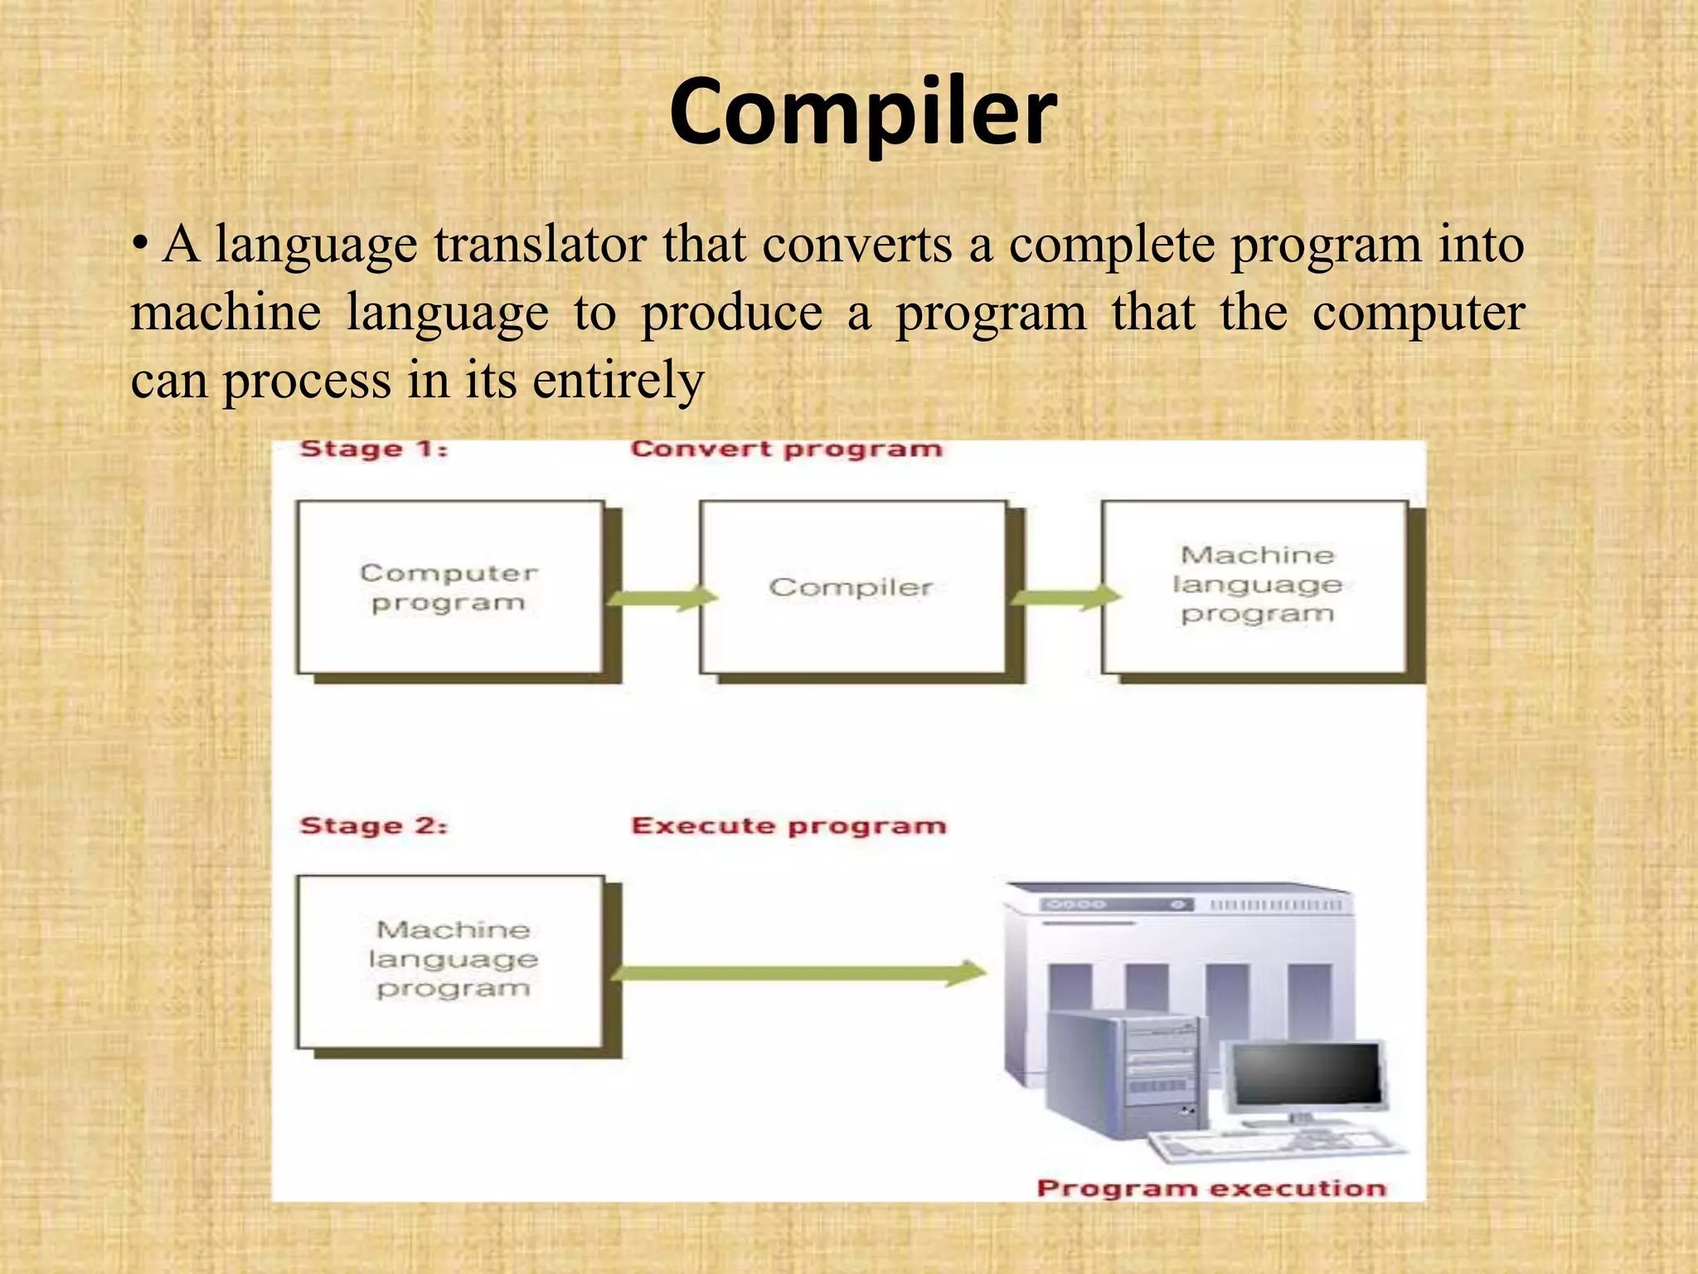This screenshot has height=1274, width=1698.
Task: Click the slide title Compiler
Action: [x=862, y=112]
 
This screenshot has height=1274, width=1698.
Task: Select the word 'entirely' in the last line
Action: [x=618, y=382]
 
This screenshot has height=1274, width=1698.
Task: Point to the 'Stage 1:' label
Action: [x=373, y=450]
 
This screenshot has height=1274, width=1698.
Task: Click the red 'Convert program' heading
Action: [x=786, y=450]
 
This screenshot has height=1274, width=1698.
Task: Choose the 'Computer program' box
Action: [x=450, y=587]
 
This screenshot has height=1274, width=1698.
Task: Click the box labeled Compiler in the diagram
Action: [x=852, y=587]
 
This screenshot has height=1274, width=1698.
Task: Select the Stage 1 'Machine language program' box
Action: [x=1254, y=587]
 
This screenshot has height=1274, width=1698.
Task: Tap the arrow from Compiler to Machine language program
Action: [x=1065, y=596]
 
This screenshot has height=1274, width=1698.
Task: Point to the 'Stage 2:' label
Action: [x=373, y=826]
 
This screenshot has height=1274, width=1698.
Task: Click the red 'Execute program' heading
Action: [x=788, y=826]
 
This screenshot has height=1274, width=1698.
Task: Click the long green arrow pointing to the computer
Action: [x=796, y=973]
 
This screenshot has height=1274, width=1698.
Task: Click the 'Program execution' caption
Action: [x=1211, y=1189]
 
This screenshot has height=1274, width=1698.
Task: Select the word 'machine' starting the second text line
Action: [x=226, y=314]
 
